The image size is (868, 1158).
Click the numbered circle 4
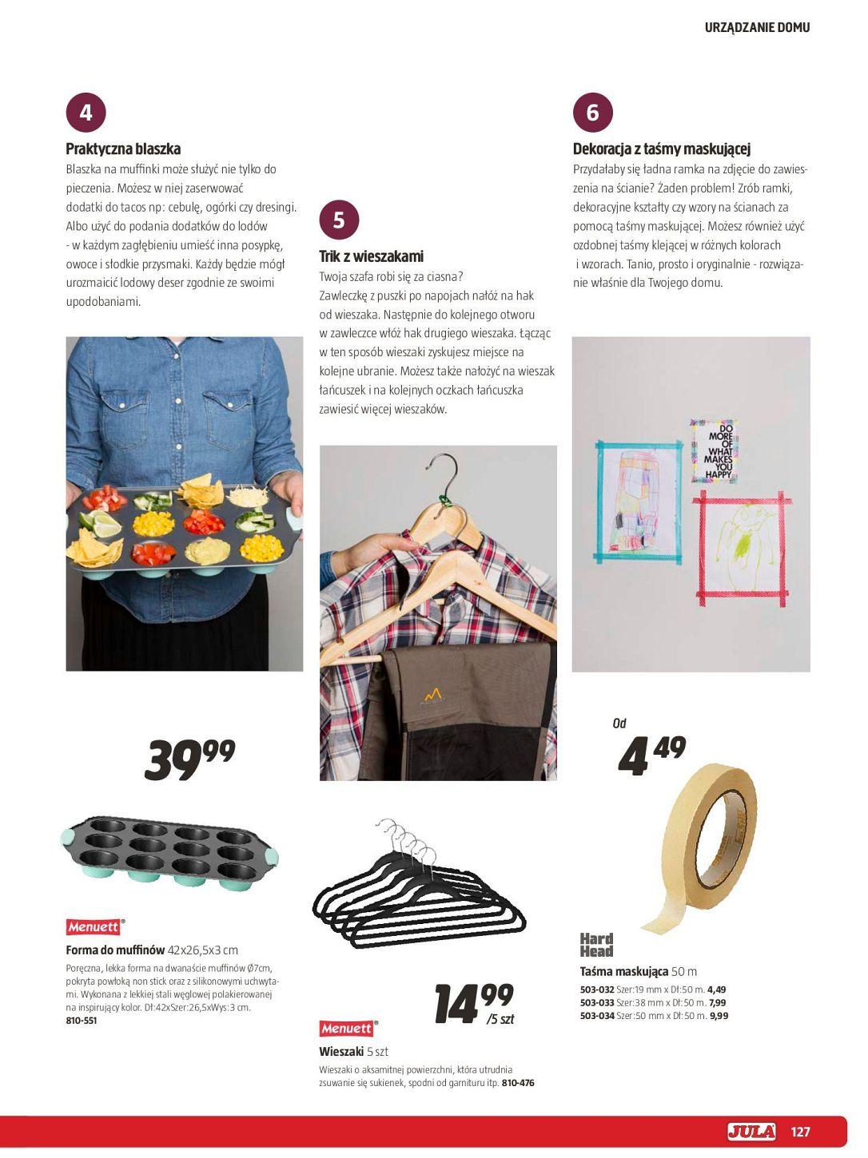[x=86, y=113]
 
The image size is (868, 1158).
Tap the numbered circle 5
[x=339, y=220]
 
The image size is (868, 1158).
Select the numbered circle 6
[x=592, y=113]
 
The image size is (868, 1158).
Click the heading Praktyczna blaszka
[x=123, y=149]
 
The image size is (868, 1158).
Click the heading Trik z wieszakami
[x=371, y=256]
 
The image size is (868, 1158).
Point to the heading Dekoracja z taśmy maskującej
[x=661, y=149]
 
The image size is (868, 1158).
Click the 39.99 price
[x=189, y=759]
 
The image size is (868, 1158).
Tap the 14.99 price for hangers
[x=473, y=1004]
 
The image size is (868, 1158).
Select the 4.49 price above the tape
[x=651, y=755]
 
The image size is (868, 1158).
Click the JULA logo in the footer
[x=751, y=1131]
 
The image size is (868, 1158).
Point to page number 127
[x=800, y=1132]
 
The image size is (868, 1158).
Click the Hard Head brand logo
[x=596, y=945]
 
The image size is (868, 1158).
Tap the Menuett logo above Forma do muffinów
[x=94, y=927]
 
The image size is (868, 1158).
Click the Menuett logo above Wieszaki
[x=347, y=1029]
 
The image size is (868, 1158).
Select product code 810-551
[x=82, y=1021]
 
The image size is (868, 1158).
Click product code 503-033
[x=596, y=1003]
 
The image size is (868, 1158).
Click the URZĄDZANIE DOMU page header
[x=757, y=27]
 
